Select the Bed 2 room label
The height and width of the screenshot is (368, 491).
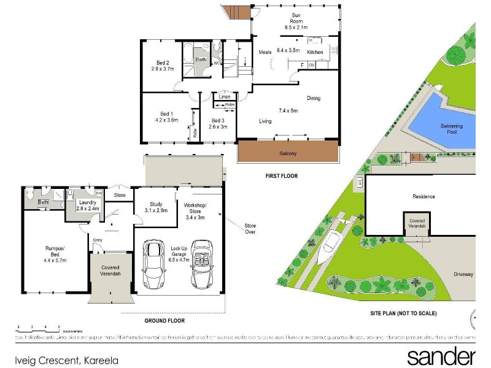[x=163, y=66]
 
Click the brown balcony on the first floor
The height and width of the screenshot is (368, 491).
[x=288, y=152]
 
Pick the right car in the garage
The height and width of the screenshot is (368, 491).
[x=201, y=264]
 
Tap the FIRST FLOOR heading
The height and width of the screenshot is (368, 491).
[x=282, y=176]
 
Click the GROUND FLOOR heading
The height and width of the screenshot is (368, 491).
[x=164, y=320]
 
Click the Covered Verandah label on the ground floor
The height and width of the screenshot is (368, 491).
[x=111, y=272]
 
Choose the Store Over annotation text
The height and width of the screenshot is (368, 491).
[x=249, y=229]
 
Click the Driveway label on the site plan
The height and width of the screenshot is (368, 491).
[x=463, y=274]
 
